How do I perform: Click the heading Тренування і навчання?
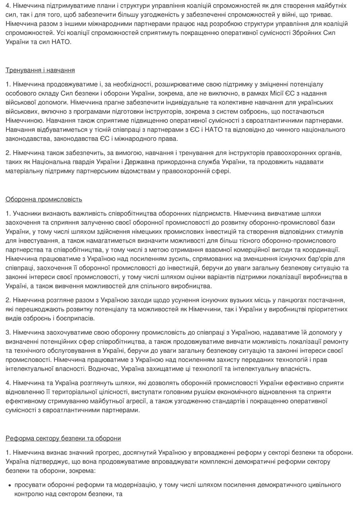[40, 70]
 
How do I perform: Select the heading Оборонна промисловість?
[44, 199]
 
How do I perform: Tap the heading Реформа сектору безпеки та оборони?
[63, 439]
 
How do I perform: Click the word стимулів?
[331, 231]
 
